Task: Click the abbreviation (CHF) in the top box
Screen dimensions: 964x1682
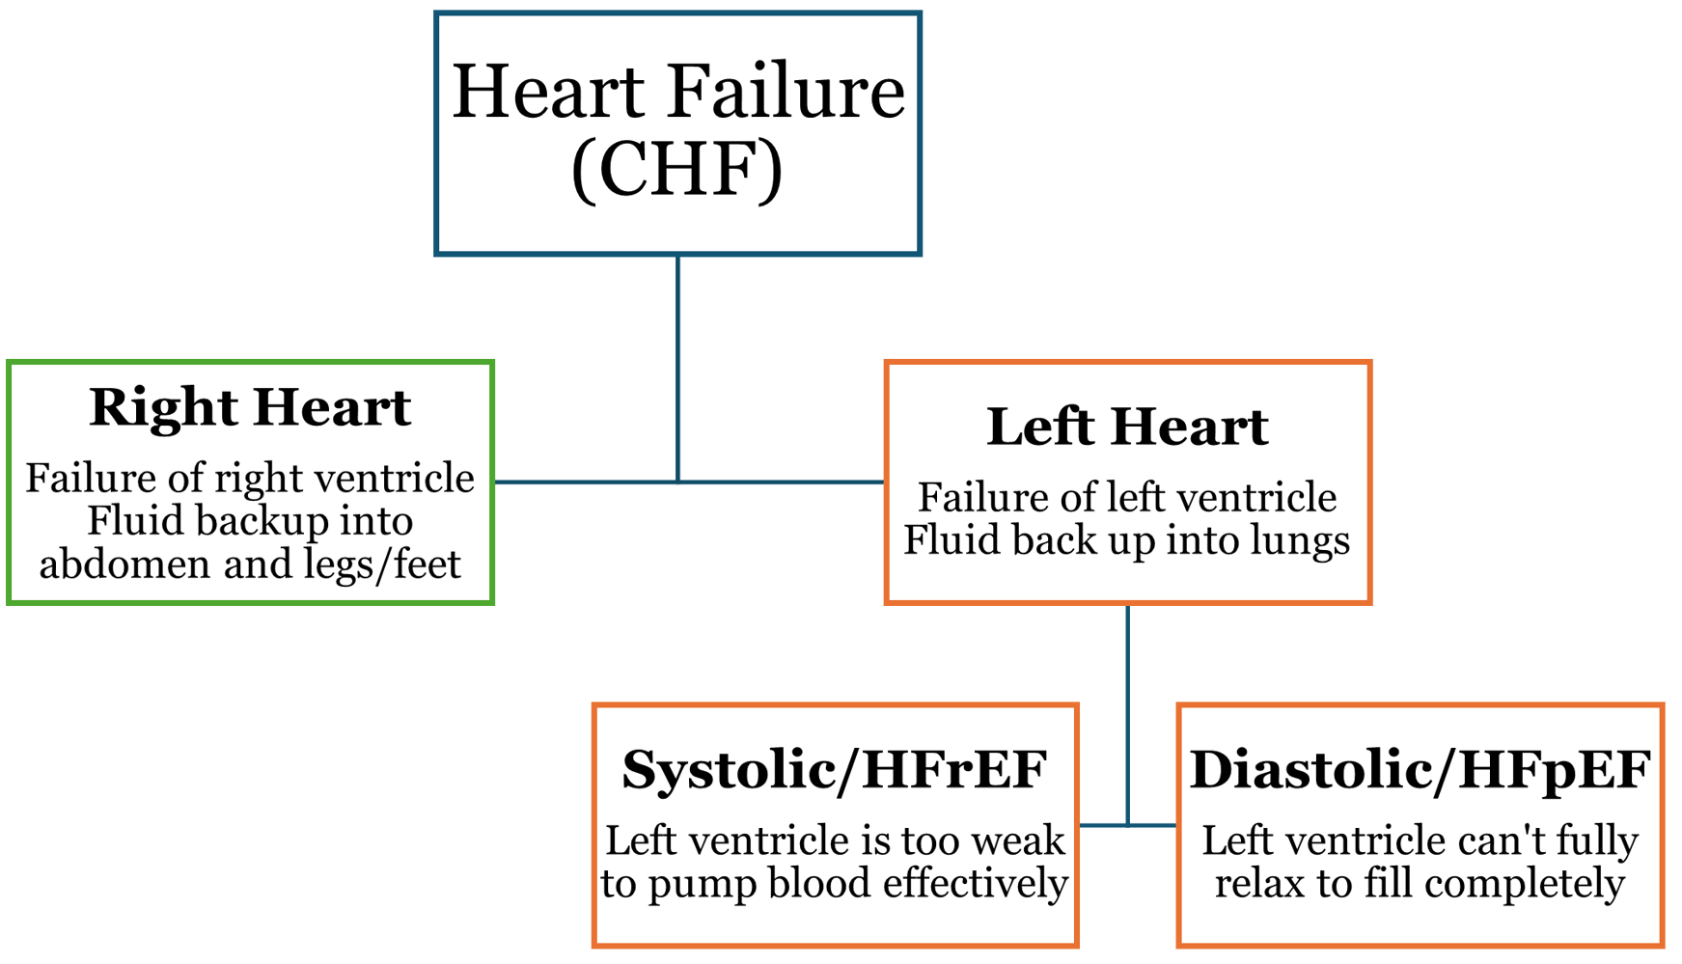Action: (x=677, y=170)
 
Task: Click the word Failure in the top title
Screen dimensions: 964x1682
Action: (x=786, y=92)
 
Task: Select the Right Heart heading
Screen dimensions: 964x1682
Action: (x=250, y=406)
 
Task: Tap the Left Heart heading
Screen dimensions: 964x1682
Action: (x=1127, y=427)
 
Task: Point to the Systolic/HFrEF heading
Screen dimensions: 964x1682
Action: (x=835, y=769)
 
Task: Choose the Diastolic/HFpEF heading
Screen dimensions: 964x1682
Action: (x=1420, y=769)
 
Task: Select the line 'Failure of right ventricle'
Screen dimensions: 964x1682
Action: (x=250, y=478)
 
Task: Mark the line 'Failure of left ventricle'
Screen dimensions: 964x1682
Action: (x=1127, y=498)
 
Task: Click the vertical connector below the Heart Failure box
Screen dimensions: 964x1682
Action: (x=678, y=367)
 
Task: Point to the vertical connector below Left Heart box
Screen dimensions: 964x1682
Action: (x=1127, y=714)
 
